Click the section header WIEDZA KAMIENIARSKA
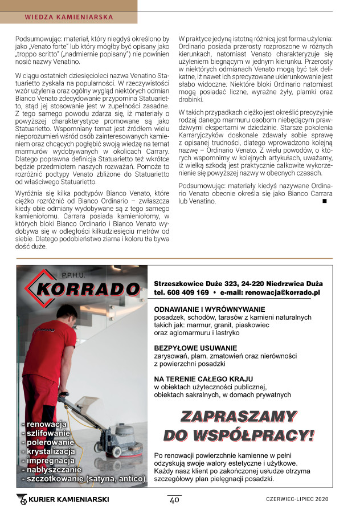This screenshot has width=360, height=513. (69, 17)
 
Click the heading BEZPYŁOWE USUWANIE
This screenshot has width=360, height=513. (195, 347)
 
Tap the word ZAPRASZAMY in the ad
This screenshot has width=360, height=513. (238, 417)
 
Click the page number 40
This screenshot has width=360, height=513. (174, 500)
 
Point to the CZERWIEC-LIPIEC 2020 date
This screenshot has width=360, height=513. (297, 500)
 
